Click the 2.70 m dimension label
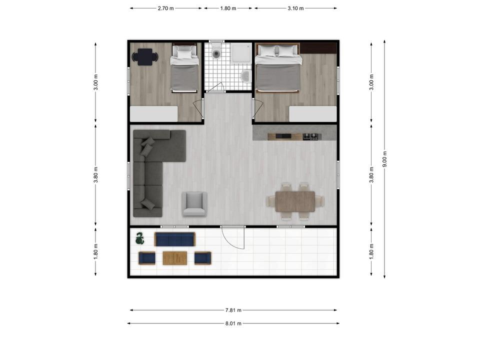pyautogui.click(x=165, y=8)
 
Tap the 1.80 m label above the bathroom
pyautogui.click(x=228, y=8)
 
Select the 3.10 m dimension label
pyautogui.click(x=295, y=8)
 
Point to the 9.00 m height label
pyautogui.click(x=385, y=159)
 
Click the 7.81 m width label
pyautogui.click(x=233, y=310)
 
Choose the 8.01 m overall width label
pyautogui.click(x=233, y=323)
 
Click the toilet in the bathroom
pyautogui.click(x=216, y=51)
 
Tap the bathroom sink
pyautogui.click(x=245, y=76)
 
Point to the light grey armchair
pyautogui.click(x=194, y=204)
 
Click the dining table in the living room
pyautogui.click(x=295, y=201)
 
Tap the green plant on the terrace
pyautogui.click(x=140, y=238)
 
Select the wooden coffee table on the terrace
pyautogui.click(x=175, y=258)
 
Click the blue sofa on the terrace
pyautogui.click(x=175, y=239)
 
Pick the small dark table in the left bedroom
pyautogui.click(x=145, y=57)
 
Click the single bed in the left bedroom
pyautogui.click(x=184, y=68)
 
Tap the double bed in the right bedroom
pyautogui.click(x=277, y=68)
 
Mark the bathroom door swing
pyautogui.click(x=216, y=87)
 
